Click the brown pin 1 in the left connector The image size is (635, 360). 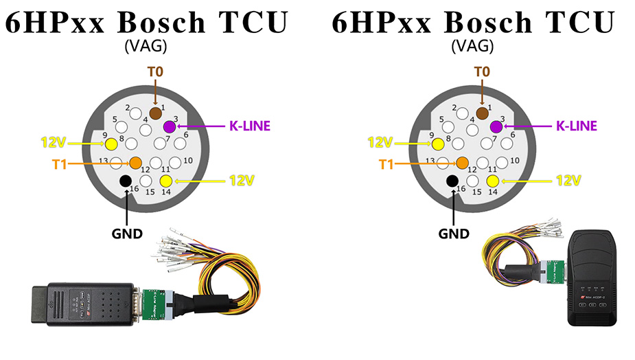tap(155, 112)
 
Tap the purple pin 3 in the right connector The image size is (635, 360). tap(496, 126)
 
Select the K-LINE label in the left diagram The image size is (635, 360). tap(249, 126)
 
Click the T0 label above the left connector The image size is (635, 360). tap(156, 71)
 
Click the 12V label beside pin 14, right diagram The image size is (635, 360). tap(568, 181)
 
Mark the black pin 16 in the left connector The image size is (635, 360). tap(125, 181)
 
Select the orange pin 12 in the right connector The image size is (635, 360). tap(462, 163)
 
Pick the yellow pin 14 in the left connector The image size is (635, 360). tap(165, 181)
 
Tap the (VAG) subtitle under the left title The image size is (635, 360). tap(146, 47)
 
